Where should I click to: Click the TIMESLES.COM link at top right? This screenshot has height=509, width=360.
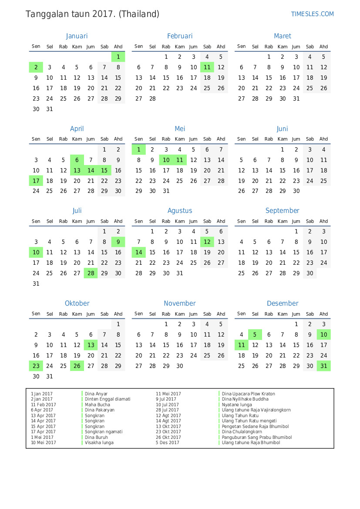(x=312, y=14)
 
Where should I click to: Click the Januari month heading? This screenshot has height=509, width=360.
(x=77, y=36)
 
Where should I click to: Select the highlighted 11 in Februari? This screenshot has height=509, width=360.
(x=207, y=67)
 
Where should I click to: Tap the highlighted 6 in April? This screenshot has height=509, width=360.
(x=77, y=160)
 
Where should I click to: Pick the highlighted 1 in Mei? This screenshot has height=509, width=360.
(x=138, y=149)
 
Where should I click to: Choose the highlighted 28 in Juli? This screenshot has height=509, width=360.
(x=91, y=273)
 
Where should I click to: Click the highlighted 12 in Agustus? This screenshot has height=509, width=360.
(x=207, y=242)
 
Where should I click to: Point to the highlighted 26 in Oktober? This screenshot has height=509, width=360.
(x=77, y=366)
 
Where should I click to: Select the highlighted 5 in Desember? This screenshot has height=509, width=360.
(x=255, y=334)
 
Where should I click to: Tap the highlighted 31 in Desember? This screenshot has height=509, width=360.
(x=323, y=366)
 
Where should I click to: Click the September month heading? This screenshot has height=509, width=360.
(x=282, y=211)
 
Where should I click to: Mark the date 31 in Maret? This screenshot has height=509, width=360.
(x=296, y=98)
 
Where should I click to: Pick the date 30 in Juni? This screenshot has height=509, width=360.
(x=296, y=191)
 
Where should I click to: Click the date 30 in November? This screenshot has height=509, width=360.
(x=180, y=366)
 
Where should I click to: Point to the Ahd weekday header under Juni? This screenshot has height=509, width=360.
(x=323, y=139)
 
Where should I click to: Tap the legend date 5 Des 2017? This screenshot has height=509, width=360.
(x=168, y=443)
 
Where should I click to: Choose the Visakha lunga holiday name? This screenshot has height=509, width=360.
(x=99, y=443)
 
